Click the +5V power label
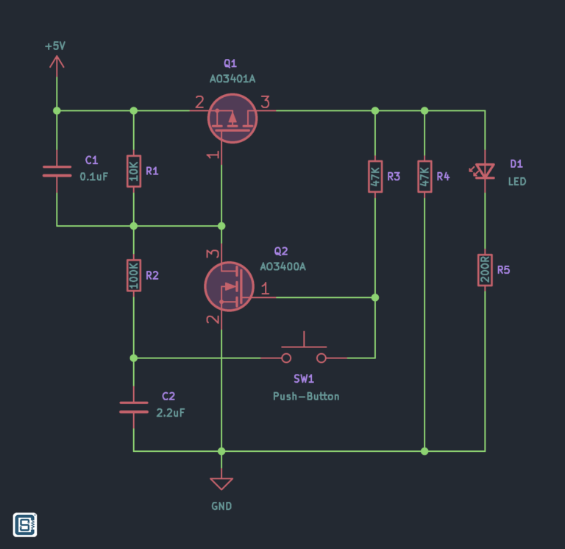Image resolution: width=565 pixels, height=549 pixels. tap(55, 46)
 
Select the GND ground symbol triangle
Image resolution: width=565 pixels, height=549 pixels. tap(221, 484)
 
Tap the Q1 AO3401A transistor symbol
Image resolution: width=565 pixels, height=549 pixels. tap(232, 118)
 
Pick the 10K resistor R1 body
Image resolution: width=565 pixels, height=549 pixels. tap(133, 171)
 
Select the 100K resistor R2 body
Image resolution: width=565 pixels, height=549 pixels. tap(133, 275)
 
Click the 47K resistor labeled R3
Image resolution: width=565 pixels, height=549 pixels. tap(374, 177)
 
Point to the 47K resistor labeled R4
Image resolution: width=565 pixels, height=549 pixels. tap(424, 177)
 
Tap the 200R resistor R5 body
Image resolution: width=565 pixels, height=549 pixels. tap(485, 270)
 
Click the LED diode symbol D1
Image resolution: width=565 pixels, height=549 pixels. tap(485, 171)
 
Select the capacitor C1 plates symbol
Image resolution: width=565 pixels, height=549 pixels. tap(57, 171)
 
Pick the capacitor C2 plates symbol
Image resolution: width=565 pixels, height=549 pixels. tap(133, 407)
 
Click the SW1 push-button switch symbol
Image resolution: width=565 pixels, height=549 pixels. tap(304, 355)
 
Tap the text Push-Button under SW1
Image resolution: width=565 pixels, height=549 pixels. tap(306, 396)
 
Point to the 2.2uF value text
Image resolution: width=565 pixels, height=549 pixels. tap(171, 413)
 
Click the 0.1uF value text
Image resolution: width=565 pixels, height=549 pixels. tap(93, 177)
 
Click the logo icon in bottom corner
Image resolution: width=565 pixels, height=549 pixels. tap(25, 524)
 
